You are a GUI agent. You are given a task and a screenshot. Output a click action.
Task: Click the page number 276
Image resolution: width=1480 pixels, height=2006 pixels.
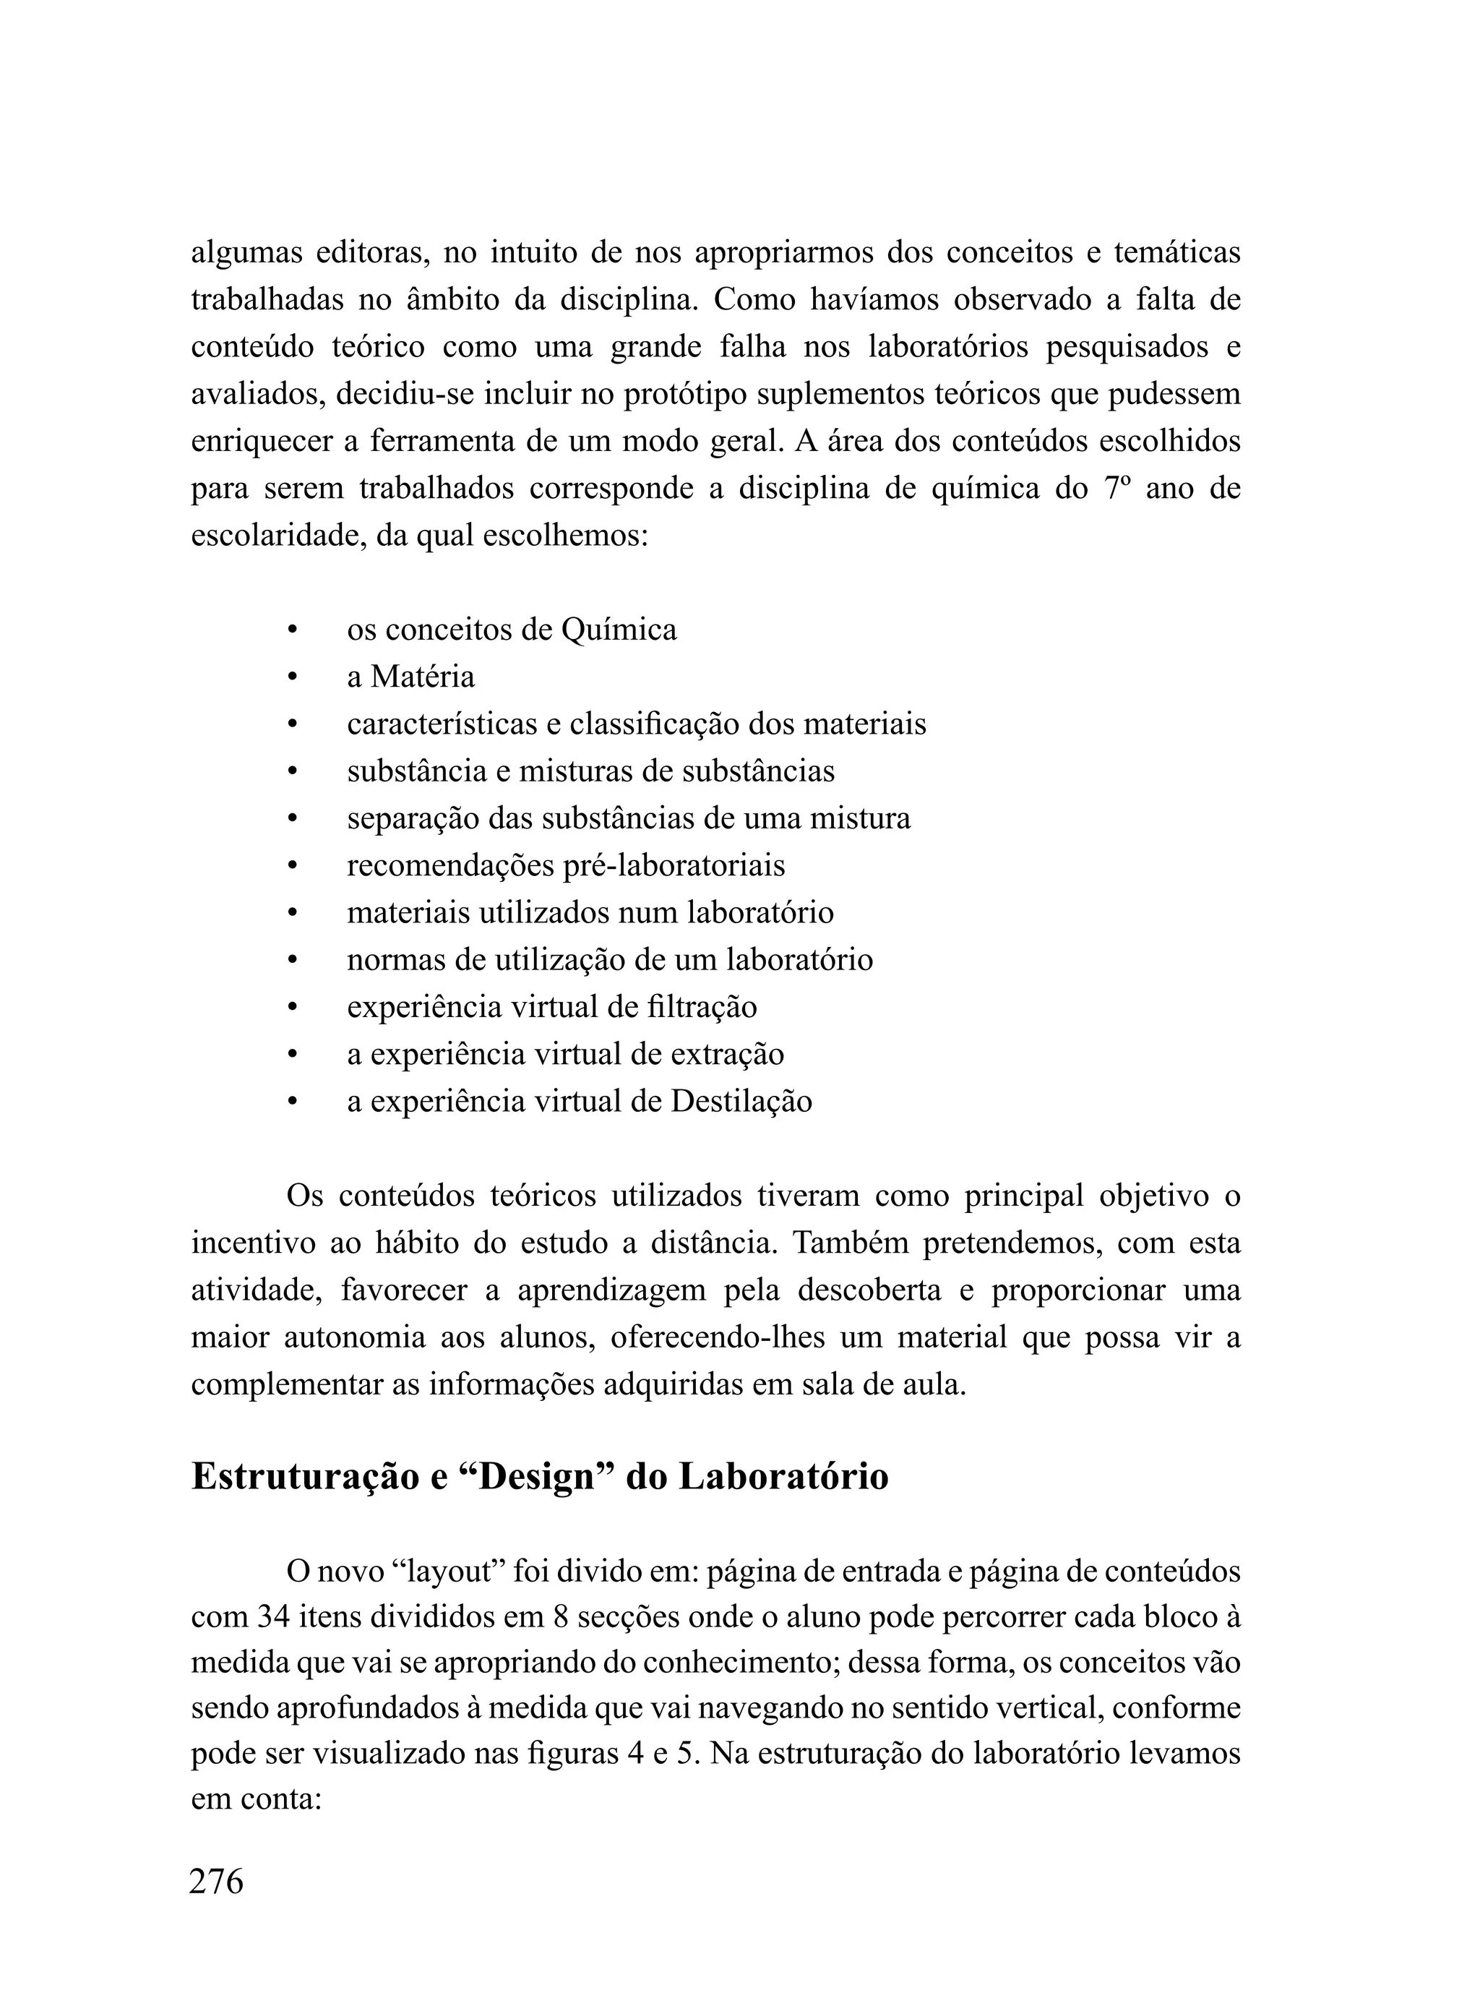tap(216, 1882)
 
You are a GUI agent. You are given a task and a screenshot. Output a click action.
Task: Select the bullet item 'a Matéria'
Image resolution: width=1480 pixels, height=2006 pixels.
tap(410, 677)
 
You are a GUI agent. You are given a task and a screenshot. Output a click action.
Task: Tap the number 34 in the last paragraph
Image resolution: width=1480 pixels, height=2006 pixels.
tap(273, 1617)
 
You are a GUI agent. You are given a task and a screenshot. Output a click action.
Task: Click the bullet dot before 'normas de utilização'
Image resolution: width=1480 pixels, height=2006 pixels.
tap(291, 959)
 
